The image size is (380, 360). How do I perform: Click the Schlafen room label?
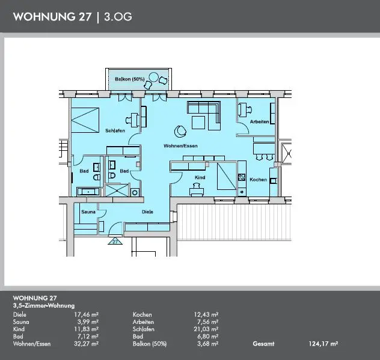pyautogui.click(x=115, y=130)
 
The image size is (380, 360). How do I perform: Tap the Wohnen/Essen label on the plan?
pyautogui.click(x=180, y=146)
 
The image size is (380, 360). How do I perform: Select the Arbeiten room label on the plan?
pyautogui.click(x=259, y=121)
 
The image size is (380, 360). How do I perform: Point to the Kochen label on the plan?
pyautogui.click(x=258, y=180)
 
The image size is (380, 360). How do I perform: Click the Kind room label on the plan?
pyautogui.click(x=200, y=177)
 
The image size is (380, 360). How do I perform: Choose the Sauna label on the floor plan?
pyautogui.click(x=88, y=212)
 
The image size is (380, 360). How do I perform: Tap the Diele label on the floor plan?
pyautogui.click(x=147, y=212)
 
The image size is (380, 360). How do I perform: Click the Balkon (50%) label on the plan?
pyautogui.click(x=130, y=79)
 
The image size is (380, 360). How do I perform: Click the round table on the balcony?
pyautogui.click(x=153, y=77)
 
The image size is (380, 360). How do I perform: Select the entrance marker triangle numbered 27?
pyautogui.click(x=115, y=242)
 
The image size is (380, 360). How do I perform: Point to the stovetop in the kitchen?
pyautogui.click(x=242, y=177)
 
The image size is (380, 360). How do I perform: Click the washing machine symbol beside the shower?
pyautogui.click(x=135, y=192)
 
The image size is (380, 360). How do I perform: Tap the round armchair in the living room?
pyautogui.click(x=180, y=131)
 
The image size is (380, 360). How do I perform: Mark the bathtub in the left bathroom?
pyautogui.click(x=88, y=192)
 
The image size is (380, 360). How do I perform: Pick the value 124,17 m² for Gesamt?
pyautogui.click(x=323, y=344)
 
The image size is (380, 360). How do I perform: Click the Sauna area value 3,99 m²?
pyautogui.click(x=88, y=322)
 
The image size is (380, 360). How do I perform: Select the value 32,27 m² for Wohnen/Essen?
pyautogui.click(x=86, y=344)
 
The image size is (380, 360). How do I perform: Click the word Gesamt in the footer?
pyautogui.click(x=263, y=344)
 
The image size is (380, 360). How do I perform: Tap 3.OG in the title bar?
pyautogui.click(x=118, y=17)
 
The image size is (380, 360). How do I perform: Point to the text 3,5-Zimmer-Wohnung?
pyautogui.click(x=44, y=306)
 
